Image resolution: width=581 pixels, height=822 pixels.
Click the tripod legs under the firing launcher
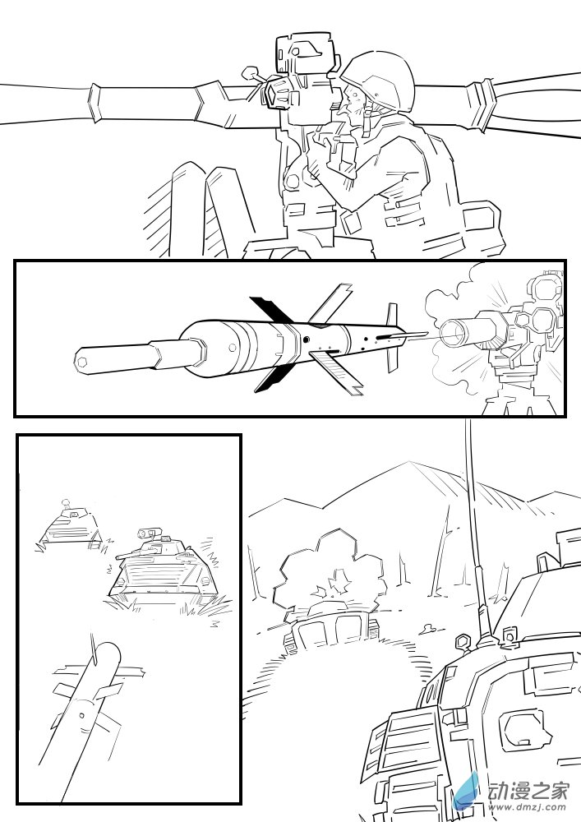(518, 395)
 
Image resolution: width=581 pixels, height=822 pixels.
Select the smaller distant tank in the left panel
(69, 526)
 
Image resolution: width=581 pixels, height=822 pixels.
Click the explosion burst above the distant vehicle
(332, 567)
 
